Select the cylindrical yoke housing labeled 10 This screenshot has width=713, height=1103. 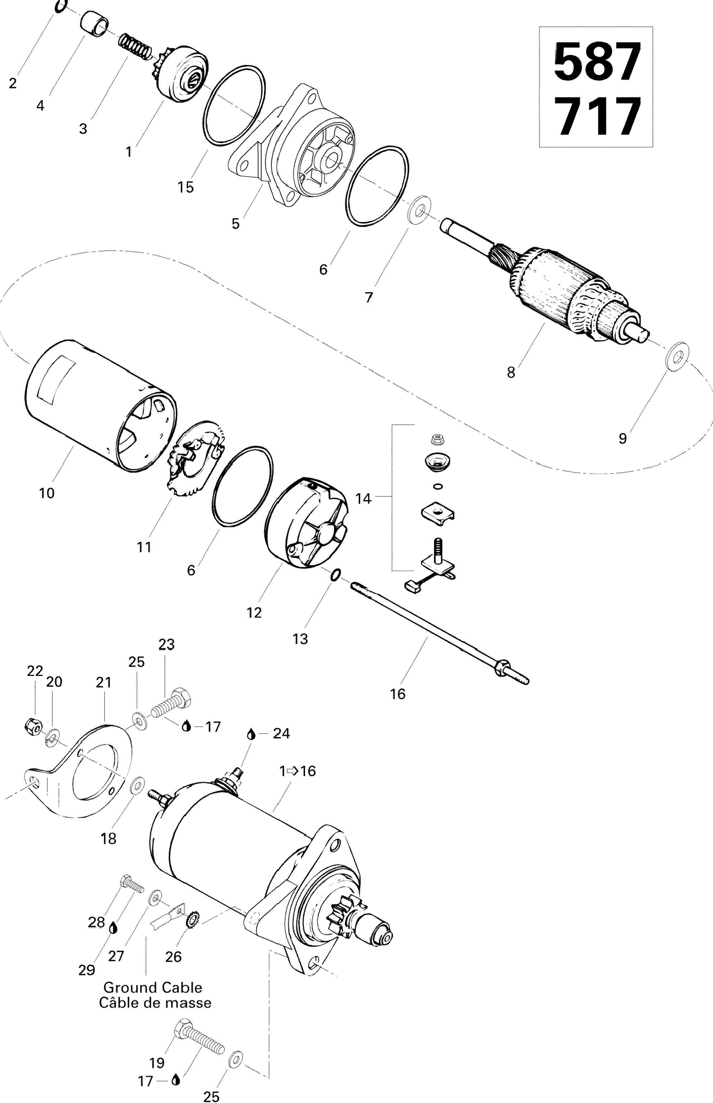click(100, 405)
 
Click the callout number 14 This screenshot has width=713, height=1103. click(363, 499)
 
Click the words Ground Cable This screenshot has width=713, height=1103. click(152, 988)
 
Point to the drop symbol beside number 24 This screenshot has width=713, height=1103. click(251, 734)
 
